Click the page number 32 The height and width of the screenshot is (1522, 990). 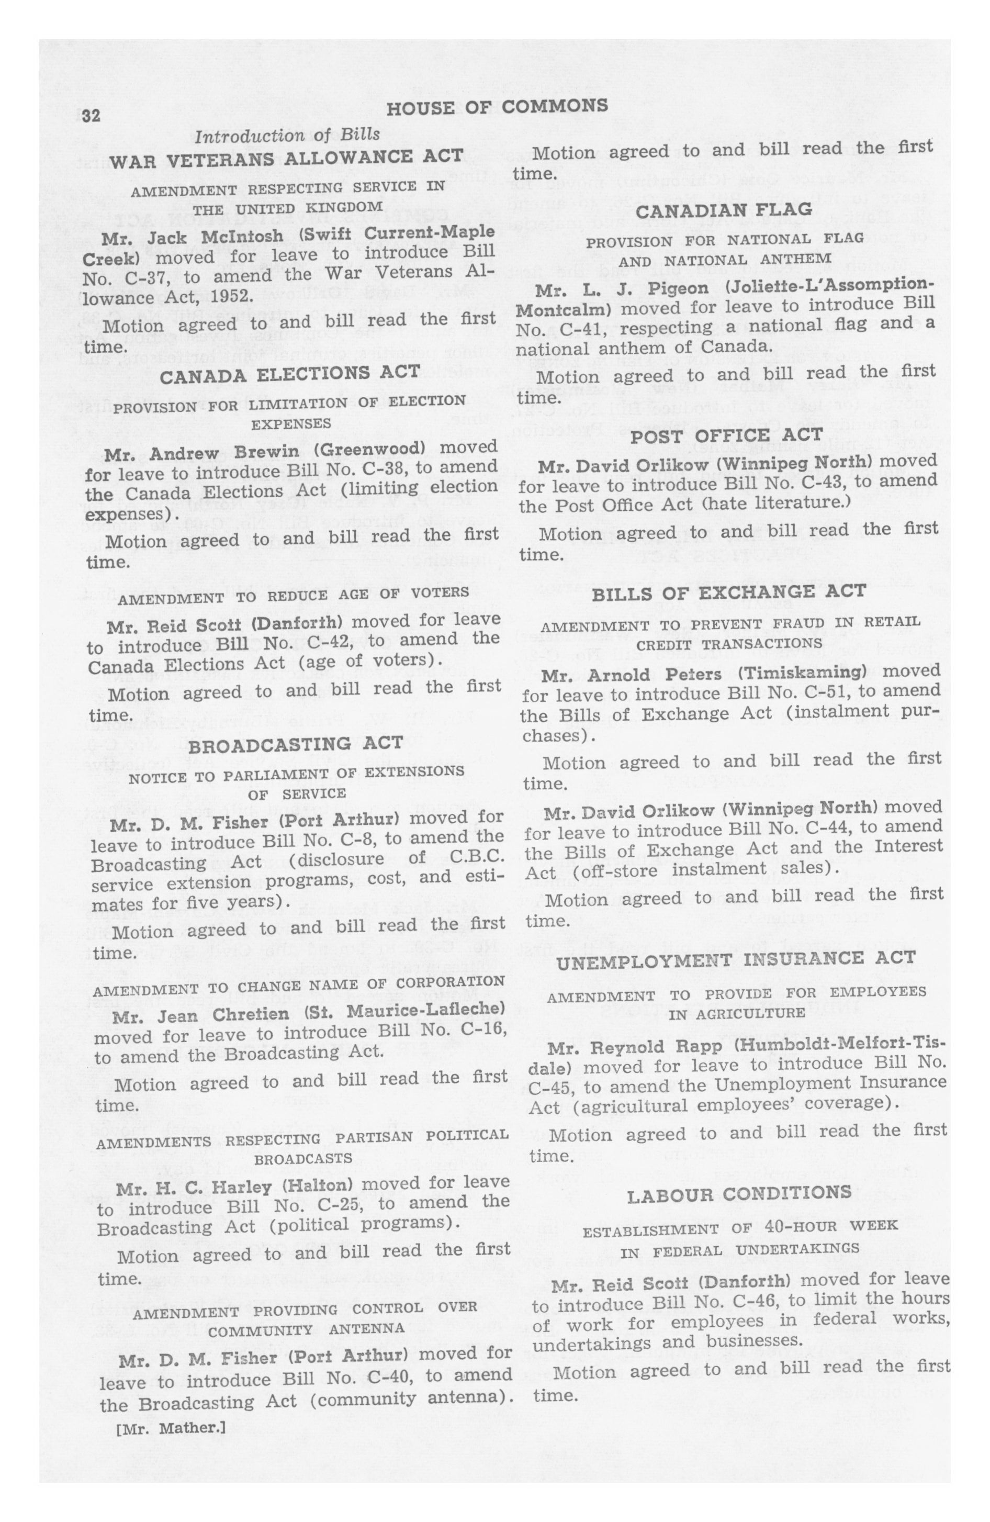point(92,115)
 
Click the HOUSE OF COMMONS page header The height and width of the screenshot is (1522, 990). point(497,107)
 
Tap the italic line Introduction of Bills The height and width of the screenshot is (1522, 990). point(287,135)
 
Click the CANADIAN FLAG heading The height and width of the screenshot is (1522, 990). point(724,210)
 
